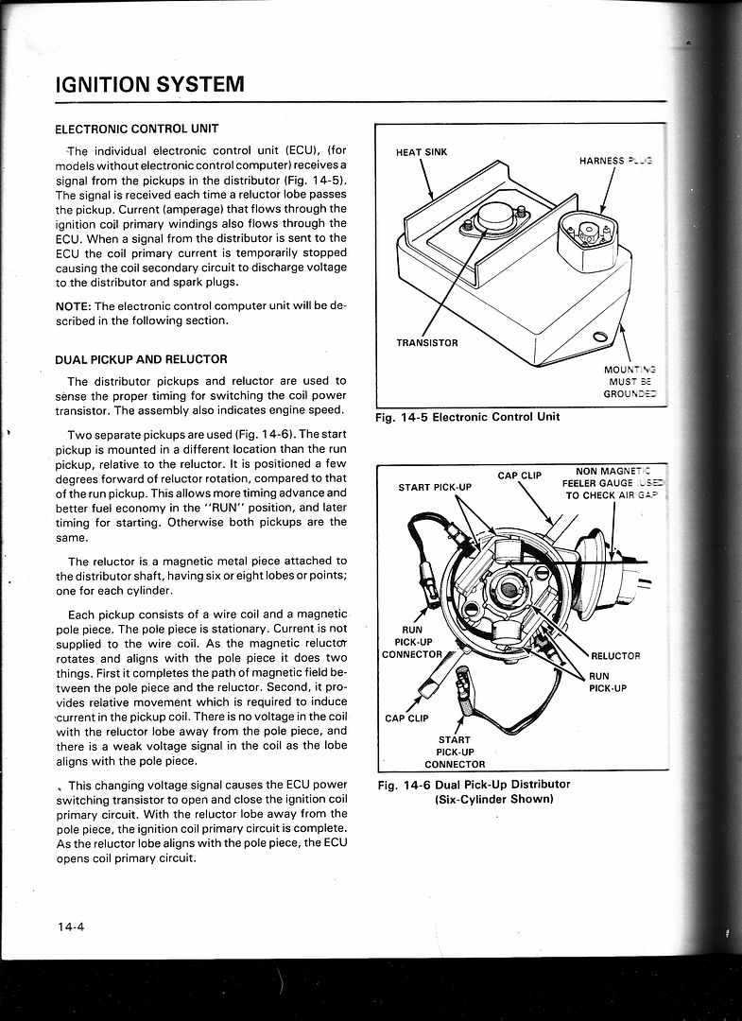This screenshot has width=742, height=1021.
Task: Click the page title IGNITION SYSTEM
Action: [x=150, y=83]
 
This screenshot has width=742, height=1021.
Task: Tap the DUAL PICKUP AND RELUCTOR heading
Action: [x=141, y=359]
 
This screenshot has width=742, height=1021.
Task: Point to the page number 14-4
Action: [x=70, y=926]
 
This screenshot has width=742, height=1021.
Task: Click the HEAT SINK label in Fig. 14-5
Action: [x=421, y=151]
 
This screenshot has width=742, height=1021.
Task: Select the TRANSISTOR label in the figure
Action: [x=427, y=342]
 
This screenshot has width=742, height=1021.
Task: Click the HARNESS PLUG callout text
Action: [x=614, y=161]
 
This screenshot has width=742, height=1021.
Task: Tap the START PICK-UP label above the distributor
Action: [x=434, y=488]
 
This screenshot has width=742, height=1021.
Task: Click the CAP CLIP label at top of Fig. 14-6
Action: [x=519, y=475]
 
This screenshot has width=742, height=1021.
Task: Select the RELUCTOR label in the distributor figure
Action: [x=615, y=655]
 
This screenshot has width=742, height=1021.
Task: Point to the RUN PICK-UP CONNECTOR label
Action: [x=411, y=641]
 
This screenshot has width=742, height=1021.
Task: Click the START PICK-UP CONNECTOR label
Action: [x=455, y=752]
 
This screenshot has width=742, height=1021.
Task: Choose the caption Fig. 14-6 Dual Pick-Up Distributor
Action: [x=474, y=791]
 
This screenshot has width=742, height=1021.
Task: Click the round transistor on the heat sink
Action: [x=492, y=218]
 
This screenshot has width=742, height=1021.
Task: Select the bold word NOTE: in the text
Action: [x=75, y=305]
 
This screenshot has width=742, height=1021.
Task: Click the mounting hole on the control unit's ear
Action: [x=600, y=337]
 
